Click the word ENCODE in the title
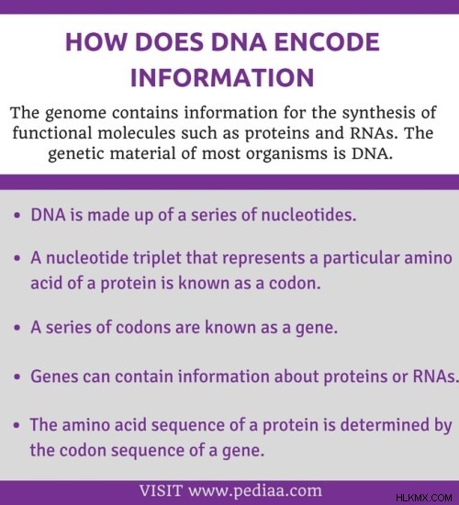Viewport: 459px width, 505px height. pos(327,42)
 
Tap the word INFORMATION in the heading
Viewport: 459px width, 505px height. pos(222,78)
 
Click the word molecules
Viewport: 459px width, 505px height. pos(137,133)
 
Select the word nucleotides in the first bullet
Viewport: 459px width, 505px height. pos(308,215)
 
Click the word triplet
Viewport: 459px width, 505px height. pos(157,259)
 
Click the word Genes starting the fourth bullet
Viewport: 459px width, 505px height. pos(54,376)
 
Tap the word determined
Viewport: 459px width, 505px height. pos(385,425)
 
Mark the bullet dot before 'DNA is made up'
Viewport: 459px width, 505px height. pos(17,215)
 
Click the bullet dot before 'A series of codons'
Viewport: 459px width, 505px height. pos(17,328)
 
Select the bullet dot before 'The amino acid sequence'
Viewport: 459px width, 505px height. pos(17,425)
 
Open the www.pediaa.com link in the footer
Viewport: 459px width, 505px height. pos(255,490)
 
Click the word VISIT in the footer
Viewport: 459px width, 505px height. pos(161,490)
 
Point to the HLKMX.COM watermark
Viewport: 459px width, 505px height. pos(423,498)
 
